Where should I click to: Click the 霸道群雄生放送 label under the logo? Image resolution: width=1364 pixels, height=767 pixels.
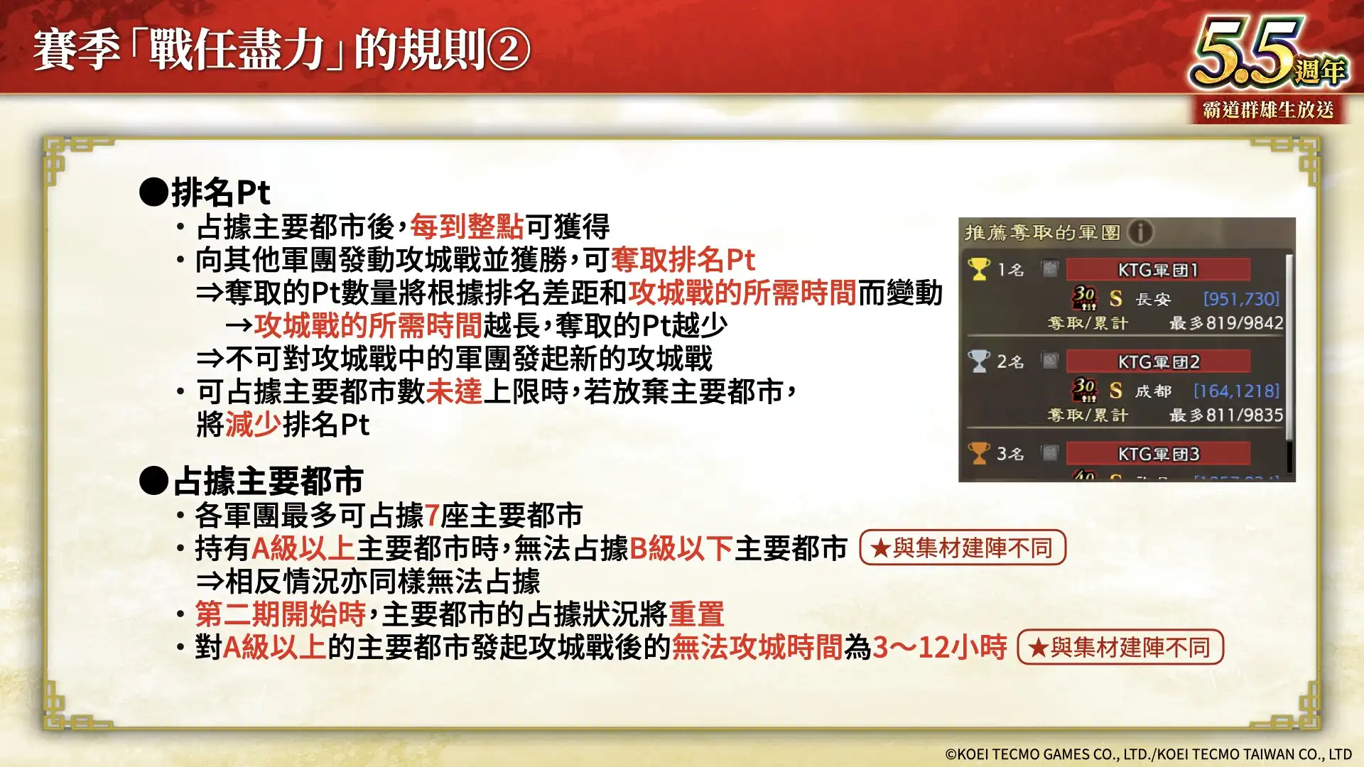point(1268,110)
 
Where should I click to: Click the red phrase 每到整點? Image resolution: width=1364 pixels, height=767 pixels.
point(467,227)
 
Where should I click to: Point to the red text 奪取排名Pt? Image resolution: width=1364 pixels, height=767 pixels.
point(683,260)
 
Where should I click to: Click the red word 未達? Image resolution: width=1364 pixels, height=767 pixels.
point(454,391)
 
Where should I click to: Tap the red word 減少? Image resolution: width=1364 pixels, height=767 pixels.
point(254,425)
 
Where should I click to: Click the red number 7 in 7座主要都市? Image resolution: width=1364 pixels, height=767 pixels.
point(432,516)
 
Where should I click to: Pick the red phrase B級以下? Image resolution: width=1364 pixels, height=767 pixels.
point(681,548)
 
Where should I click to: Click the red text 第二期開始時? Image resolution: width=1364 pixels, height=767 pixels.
point(281,614)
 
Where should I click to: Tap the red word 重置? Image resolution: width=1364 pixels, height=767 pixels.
point(696,614)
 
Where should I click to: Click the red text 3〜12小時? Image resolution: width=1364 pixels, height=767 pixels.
point(939,647)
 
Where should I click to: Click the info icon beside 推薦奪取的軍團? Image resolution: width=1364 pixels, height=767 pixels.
point(1140,232)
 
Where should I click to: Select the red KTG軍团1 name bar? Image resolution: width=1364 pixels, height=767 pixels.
point(1158,270)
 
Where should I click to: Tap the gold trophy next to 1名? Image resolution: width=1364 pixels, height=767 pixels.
point(979,269)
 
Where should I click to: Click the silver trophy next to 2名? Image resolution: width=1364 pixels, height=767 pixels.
point(979,361)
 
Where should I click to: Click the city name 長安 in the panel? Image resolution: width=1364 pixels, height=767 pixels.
point(1152,299)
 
